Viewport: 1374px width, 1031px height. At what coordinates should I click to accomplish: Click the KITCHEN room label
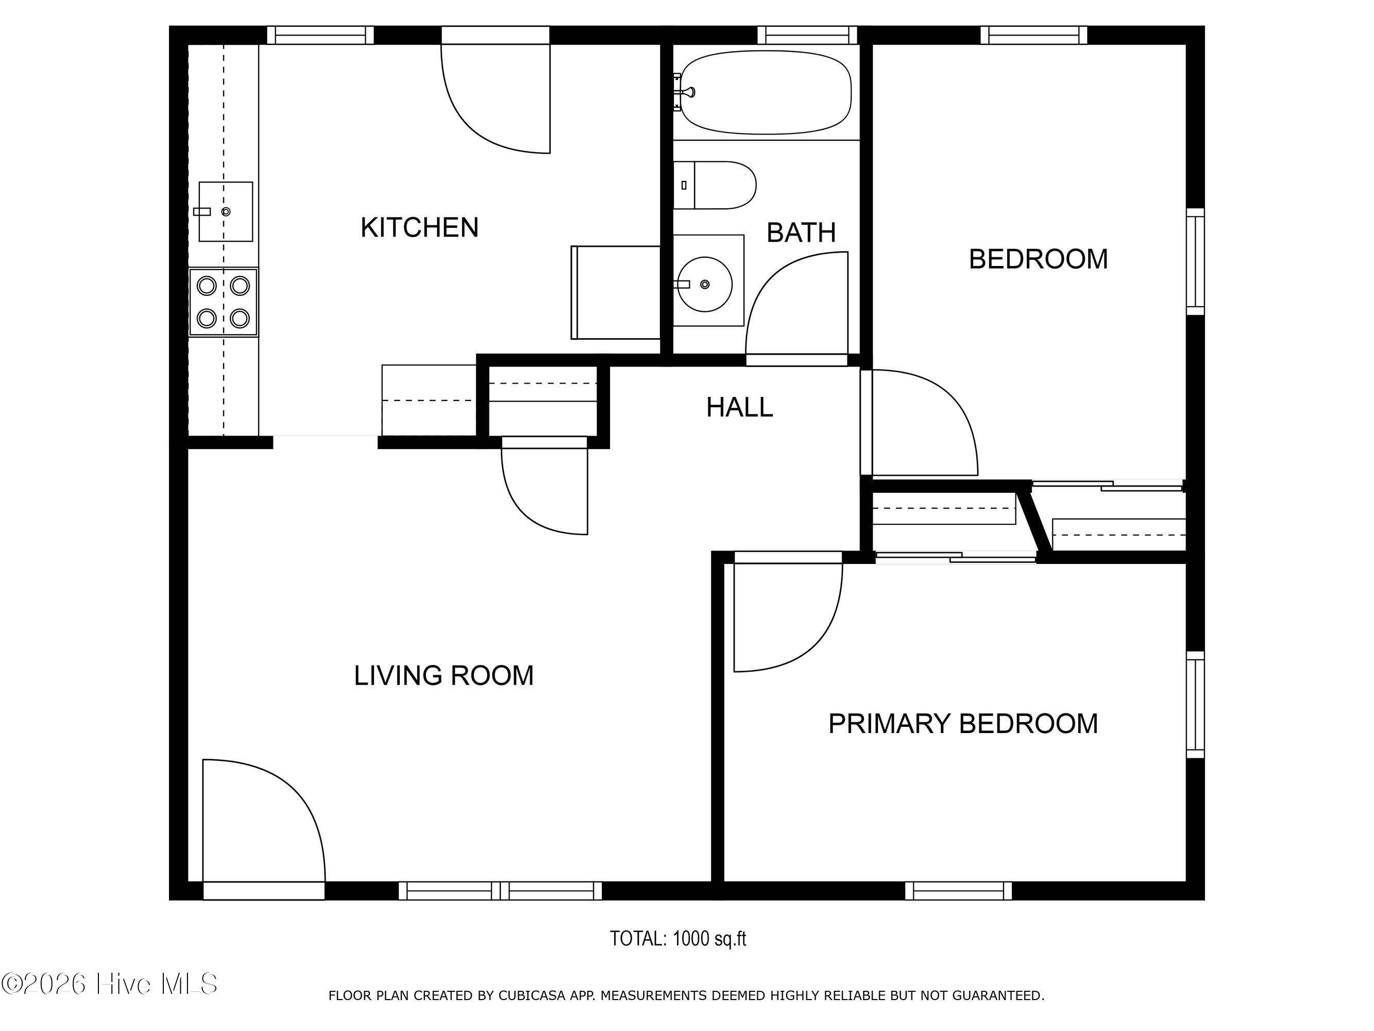(419, 227)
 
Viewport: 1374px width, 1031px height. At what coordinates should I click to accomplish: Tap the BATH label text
(801, 233)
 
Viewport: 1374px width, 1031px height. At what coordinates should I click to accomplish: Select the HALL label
(739, 407)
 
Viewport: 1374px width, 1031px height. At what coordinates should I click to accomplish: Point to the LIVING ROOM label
(444, 675)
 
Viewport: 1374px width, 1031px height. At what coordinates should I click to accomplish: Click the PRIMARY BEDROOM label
(963, 723)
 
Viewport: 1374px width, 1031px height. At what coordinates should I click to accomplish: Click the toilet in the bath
(715, 185)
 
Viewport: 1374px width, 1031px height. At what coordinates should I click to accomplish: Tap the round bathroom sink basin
(704, 284)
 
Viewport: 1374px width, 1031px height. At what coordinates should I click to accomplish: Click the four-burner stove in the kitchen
(224, 302)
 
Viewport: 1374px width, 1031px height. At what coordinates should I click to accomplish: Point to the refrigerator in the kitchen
(616, 292)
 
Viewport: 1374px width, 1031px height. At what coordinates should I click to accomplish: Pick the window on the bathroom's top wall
(807, 35)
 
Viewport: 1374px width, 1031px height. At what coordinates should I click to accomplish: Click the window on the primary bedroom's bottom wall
(958, 891)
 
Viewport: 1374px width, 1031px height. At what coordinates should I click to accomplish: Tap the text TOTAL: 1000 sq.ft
(677, 938)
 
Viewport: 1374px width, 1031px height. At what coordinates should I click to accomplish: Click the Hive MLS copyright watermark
(109, 984)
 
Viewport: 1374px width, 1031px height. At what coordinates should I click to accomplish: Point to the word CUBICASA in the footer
(532, 995)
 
